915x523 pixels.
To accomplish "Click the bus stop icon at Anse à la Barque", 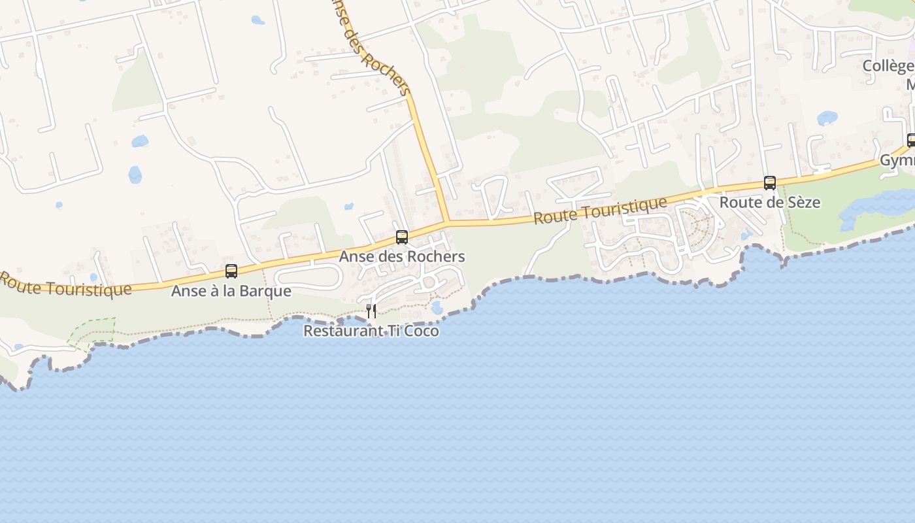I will [231, 271].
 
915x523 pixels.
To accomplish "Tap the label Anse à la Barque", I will [231, 290].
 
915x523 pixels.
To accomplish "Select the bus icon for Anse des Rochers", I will [402, 237].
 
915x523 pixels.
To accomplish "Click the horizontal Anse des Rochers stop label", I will [402, 256].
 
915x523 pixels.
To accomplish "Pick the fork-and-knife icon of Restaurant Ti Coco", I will [371, 311].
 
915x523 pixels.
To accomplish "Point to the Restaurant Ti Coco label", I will [371, 331].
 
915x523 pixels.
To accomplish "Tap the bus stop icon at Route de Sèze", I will [770, 183].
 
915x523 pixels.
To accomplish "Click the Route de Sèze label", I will [770, 202].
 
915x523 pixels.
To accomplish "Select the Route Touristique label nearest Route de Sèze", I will [600, 211].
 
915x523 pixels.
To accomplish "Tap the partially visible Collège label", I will [888, 66].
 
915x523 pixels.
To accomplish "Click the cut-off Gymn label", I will [897, 160].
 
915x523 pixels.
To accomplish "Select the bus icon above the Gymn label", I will [911, 140].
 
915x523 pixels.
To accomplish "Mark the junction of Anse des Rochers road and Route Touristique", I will [446, 222].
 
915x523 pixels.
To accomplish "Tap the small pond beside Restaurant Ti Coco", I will [437, 307].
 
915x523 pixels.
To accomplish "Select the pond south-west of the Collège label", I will [827, 118].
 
